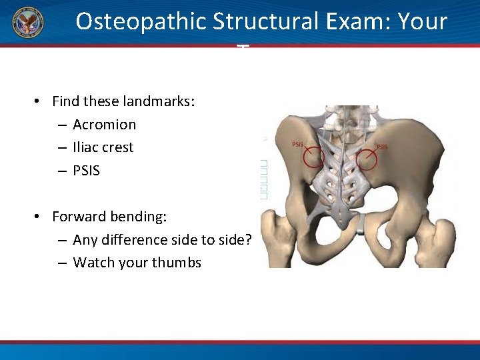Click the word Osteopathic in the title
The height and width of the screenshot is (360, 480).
tap(141, 22)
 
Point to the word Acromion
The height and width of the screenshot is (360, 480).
tap(104, 125)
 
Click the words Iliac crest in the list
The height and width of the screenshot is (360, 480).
tap(103, 147)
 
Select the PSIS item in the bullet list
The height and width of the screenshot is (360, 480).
tap(86, 171)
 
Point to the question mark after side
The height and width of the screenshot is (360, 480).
tap(247, 240)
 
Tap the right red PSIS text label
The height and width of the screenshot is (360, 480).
tap(383, 147)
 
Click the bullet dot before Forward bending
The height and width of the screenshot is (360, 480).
tap(39, 217)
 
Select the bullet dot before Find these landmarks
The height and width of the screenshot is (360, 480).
tap(39, 101)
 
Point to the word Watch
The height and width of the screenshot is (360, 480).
tap(92, 263)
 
